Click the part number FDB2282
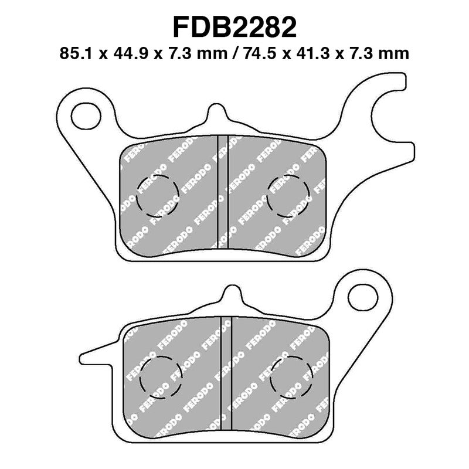(234, 28)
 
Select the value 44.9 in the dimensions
(125, 53)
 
